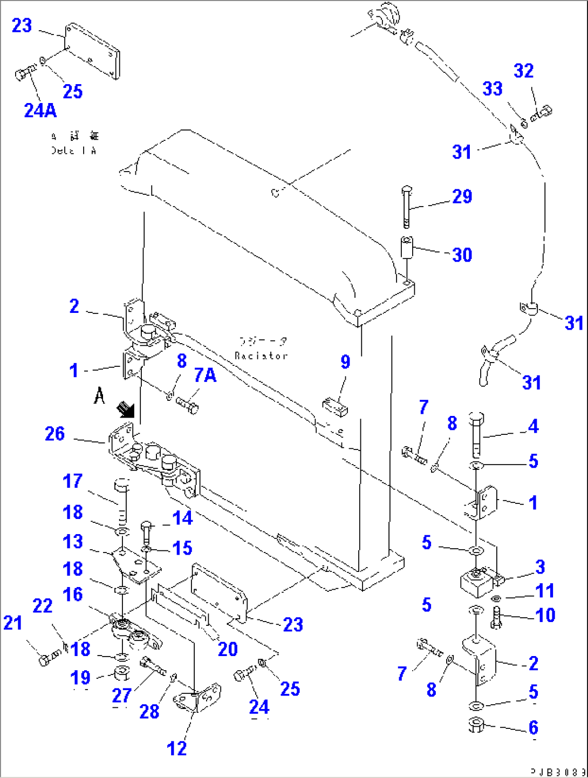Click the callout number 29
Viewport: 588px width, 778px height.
462,196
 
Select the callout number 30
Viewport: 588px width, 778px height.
462,255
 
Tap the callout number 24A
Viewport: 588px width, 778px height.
40,111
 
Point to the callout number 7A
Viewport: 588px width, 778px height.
205,375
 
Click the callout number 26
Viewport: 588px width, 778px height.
54,434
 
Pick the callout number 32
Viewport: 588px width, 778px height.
523,71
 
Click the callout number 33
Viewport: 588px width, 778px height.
492,89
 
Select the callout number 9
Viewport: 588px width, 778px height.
345,362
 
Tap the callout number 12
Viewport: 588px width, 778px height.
176,748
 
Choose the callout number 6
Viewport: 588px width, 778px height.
533,727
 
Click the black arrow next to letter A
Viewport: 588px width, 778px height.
126,410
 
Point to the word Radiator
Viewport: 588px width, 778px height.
261,356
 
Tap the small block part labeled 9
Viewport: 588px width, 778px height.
335,406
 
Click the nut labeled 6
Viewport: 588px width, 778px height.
476,725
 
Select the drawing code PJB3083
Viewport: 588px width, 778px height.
557,772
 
